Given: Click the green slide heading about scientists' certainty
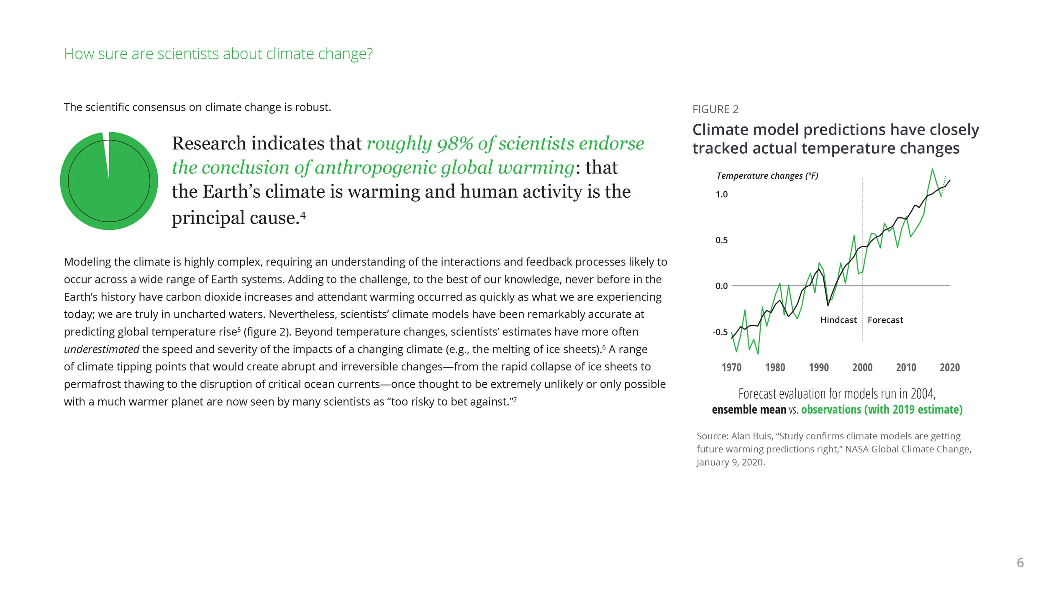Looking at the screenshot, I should [x=218, y=54].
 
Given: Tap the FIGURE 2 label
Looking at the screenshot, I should [x=715, y=109].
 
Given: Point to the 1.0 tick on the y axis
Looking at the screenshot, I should [x=721, y=194].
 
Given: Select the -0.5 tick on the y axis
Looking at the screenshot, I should [x=720, y=332].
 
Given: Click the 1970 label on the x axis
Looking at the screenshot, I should [x=731, y=368].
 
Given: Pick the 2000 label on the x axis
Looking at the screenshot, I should [x=862, y=368].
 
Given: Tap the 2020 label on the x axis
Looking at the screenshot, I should [x=950, y=368].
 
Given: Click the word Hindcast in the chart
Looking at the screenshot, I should [x=838, y=320].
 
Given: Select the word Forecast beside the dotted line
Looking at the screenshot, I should [x=885, y=320].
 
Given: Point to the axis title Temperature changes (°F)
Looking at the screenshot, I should [x=767, y=176].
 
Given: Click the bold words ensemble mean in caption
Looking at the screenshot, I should [x=749, y=409].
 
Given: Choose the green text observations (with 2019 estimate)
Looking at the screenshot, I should [x=882, y=409].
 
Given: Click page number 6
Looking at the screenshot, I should [x=1020, y=563].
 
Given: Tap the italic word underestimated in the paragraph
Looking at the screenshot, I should [x=101, y=349].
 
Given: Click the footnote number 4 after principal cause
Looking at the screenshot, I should [x=303, y=216].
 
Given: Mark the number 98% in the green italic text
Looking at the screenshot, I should [x=455, y=144].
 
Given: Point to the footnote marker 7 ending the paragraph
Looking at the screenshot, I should [x=515, y=399].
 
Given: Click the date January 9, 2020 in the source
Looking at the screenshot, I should [x=731, y=462].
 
